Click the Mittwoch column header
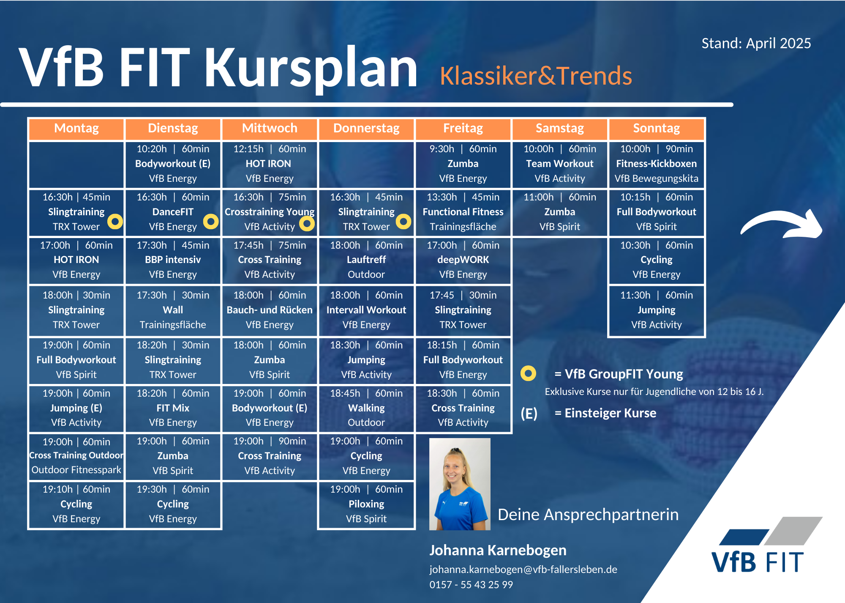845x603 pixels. [x=270, y=129]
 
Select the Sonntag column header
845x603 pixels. [x=657, y=129]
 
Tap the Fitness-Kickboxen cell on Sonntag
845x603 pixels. [x=657, y=164]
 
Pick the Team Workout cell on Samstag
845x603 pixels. [x=560, y=164]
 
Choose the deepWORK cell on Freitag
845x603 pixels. [x=463, y=260]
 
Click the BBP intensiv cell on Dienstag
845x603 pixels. [x=173, y=260]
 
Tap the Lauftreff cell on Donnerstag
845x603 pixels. [x=366, y=260]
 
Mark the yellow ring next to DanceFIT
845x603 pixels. [x=211, y=221]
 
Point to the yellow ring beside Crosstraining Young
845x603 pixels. [x=307, y=224]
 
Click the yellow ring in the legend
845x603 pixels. [x=528, y=373]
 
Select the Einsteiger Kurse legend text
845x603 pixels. [x=605, y=413]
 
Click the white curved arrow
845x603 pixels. [x=782, y=223]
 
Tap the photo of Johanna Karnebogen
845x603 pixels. [x=460, y=484]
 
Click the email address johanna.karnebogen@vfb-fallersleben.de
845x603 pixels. [x=523, y=570]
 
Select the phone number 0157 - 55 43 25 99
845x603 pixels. [x=471, y=585]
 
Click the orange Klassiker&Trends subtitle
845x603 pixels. [x=536, y=76]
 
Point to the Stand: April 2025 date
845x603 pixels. [x=756, y=43]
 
